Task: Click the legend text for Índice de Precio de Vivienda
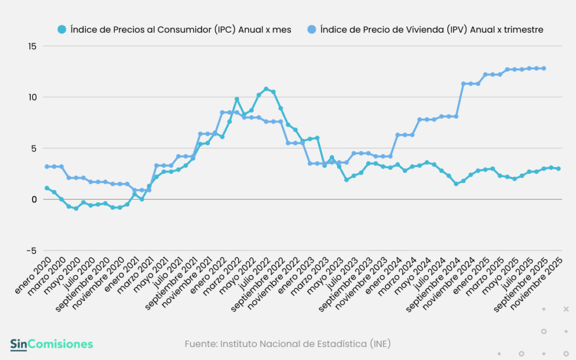(x=431, y=30)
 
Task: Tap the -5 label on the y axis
(x=33, y=251)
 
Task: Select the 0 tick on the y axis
(x=35, y=200)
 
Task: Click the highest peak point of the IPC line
(x=266, y=89)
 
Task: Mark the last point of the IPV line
(x=544, y=68)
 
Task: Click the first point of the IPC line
(x=47, y=188)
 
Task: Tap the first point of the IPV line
(x=47, y=166)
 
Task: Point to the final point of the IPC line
(x=558, y=169)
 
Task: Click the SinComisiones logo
(x=51, y=344)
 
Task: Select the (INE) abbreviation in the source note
(x=380, y=343)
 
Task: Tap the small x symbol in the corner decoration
(x=566, y=309)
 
